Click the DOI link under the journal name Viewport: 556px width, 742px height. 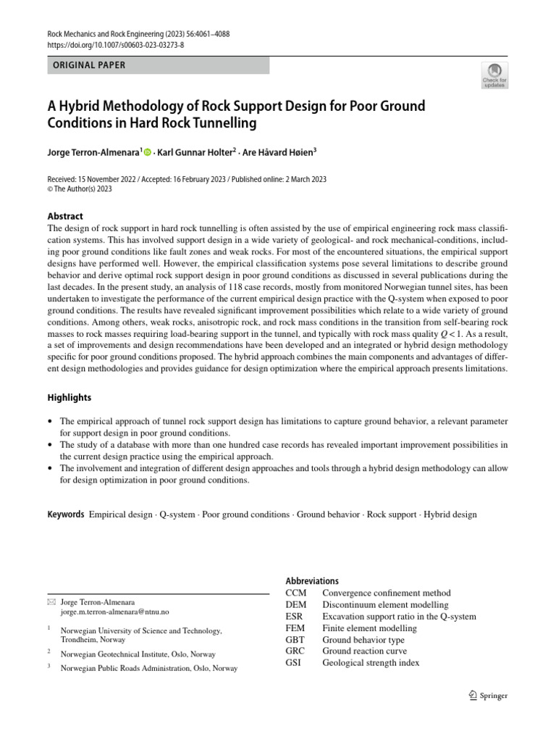click(x=115, y=44)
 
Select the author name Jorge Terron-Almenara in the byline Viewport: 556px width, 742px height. click(x=93, y=152)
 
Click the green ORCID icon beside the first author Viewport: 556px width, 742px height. click(x=148, y=152)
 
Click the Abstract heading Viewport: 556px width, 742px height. click(x=65, y=216)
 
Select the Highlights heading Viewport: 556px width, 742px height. click(x=69, y=398)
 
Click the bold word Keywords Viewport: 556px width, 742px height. click(x=66, y=514)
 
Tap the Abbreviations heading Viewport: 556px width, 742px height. click(x=312, y=581)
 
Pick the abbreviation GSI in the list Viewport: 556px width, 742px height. click(x=295, y=663)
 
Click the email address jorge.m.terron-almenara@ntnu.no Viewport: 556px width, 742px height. click(x=114, y=612)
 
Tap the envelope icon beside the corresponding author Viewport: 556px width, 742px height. click(x=51, y=602)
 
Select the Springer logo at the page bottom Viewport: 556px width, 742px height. click(x=488, y=696)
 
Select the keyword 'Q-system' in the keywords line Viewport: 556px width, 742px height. click(x=177, y=514)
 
